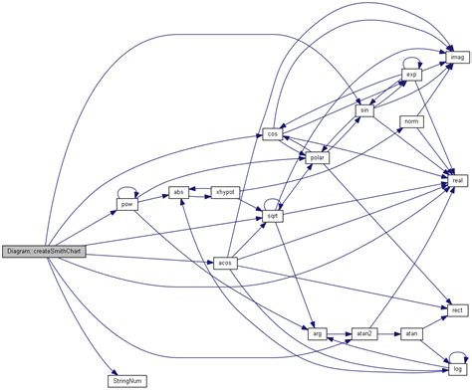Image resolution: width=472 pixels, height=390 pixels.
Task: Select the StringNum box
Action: coord(126,379)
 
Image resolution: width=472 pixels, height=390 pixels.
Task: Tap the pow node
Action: coord(126,204)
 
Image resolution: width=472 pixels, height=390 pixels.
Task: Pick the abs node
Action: coord(179,191)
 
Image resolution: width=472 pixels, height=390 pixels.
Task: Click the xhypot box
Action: coord(226,191)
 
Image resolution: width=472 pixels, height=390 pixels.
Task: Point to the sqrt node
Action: coord(271,215)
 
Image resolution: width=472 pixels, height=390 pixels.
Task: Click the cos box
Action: coord(272,134)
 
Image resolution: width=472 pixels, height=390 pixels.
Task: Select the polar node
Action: coord(319,157)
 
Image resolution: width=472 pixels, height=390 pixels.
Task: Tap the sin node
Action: coord(365,109)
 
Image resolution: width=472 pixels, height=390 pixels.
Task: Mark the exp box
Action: coord(411,75)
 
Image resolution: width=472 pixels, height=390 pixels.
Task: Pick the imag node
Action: coord(457,58)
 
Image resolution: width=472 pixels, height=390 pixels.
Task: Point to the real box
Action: coord(457,180)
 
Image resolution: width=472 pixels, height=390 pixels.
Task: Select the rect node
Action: coord(457,310)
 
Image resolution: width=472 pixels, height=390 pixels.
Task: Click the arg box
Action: coord(319,333)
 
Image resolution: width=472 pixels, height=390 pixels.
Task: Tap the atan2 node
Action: coord(363,333)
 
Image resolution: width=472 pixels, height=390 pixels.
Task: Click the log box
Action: coord(457,369)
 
